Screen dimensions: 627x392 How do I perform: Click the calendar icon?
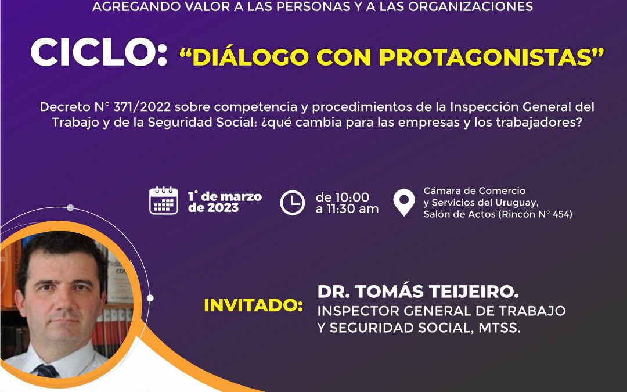click(x=164, y=200)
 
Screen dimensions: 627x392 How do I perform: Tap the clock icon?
click(x=292, y=203)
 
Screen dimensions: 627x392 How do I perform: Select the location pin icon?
click(x=404, y=203)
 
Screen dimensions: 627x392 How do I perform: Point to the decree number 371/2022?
click(x=142, y=107)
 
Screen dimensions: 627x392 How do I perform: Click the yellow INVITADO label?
click(x=254, y=305)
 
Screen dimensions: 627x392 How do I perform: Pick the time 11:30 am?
click(x=351, y=208)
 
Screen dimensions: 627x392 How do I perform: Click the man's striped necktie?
click(x=47, y=371)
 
